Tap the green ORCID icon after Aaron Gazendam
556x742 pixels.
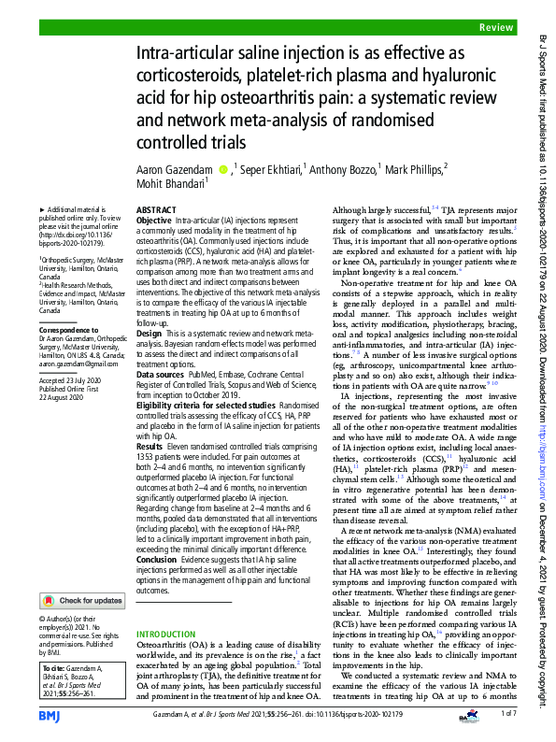click(x=222, y=169)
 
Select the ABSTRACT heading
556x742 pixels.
click(x=156, y=210)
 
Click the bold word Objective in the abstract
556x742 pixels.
click(x=154, y=220)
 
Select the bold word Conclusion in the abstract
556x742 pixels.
click(x=158, y=561)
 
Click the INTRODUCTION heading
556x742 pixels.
click(x=166, y=608)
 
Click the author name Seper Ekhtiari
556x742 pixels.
click(x=277, y=169)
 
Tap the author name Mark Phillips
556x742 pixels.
click(x=414, y=169)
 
